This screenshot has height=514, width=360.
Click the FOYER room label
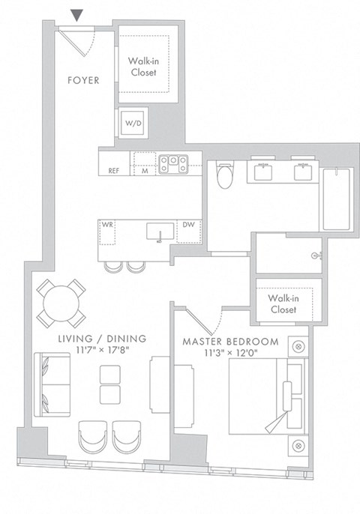click(83, 79)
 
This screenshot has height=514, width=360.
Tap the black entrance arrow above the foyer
click(76, 14)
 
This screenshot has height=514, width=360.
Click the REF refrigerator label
click(114, 170)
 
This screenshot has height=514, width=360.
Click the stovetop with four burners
click(173, 161)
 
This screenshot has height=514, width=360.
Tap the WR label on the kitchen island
click(109, 224)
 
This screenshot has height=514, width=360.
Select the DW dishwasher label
click(189, 224)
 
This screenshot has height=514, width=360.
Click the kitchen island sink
click(158, 232)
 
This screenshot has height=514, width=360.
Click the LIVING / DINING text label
click(102, 339)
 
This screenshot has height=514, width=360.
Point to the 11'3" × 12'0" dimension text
click(231, 353)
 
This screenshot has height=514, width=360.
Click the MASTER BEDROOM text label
click(231, 342)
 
